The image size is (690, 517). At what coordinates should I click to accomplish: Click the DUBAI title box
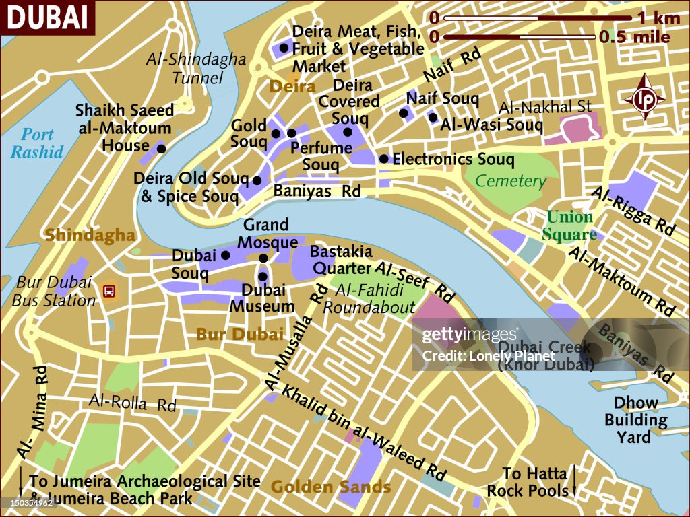47,17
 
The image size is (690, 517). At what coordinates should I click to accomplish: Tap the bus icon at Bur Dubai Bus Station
108,291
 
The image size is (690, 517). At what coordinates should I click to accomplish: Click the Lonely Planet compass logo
644,98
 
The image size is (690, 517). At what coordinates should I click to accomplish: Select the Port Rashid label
37,143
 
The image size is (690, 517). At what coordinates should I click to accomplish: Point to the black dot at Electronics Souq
383,159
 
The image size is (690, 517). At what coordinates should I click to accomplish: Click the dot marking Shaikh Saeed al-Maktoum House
160,147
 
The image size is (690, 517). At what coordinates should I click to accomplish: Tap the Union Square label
571,226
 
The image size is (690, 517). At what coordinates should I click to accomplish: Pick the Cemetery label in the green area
510,180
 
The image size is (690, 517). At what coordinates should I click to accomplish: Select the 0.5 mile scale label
634,36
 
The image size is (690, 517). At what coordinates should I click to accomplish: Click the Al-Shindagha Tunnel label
196,68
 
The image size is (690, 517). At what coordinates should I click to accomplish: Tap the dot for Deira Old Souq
257,180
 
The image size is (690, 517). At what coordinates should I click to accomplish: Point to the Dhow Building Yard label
635,420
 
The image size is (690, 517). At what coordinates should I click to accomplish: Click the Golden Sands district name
330,486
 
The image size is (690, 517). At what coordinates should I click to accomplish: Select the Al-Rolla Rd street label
132,403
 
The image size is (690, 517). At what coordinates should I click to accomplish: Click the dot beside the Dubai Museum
263,276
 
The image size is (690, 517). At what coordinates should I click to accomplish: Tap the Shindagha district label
90,235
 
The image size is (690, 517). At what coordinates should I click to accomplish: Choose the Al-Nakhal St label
544,106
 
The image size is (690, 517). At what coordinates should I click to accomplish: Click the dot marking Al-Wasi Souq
433,117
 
